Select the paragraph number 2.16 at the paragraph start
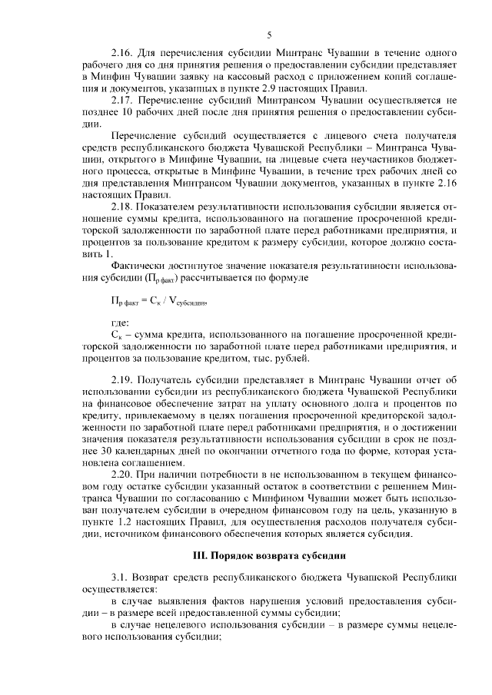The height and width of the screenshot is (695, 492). point(123,55)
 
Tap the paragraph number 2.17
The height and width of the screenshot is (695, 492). point(123,101)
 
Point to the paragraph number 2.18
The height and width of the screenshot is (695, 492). point(123,208)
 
